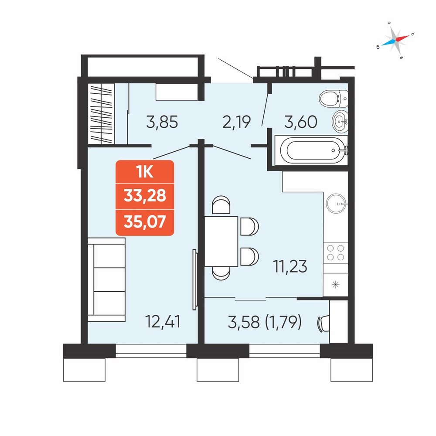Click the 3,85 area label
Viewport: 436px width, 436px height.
click(x=162, y=122)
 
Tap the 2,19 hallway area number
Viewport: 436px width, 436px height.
click(x=237, y=122)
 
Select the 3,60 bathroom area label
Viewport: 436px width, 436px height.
click(x=300, y=122)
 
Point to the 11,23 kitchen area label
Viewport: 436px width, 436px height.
click(x=290, y=266)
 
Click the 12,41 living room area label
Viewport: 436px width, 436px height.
click(x=163, y=321)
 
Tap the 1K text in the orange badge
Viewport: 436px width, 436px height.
click(x=145, y=172)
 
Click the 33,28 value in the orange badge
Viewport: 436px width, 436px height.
click(x=145, y=195)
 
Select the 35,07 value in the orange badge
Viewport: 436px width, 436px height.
click(x=145, y=221)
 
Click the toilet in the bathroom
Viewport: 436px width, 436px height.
click(x=333, y=99)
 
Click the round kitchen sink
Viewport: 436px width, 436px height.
click(x=336, y=204)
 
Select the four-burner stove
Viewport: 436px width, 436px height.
click(x=336, y=252)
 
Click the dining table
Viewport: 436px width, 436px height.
click(x=221, y=242)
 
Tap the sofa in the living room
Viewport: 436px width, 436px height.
click(x=106, y=279)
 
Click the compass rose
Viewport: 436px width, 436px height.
click(x=395, y=40)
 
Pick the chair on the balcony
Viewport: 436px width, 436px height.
click(x=323, y=324)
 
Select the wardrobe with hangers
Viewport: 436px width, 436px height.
click(x=101, y=114)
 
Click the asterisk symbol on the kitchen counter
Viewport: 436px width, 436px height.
click(x=336, y=285)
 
